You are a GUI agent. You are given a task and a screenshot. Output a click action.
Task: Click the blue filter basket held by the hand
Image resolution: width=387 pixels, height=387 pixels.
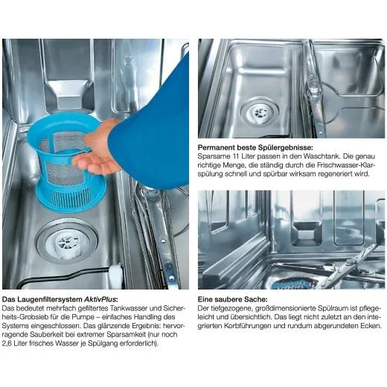[65, 164]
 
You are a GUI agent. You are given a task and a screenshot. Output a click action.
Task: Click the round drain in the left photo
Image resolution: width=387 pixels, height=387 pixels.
[67, 241]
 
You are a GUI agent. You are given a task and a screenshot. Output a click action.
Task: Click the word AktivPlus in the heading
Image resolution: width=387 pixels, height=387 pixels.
[100, 299]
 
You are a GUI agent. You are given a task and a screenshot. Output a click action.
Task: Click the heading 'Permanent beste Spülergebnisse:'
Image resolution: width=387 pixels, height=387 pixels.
[255, 147]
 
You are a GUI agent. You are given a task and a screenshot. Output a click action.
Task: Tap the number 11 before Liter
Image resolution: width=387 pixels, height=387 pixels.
[237, 156]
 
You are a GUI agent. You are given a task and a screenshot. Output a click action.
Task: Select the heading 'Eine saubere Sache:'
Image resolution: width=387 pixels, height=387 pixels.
[233, 299]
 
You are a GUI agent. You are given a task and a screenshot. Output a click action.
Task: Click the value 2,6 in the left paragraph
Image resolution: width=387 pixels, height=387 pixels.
[7, 343]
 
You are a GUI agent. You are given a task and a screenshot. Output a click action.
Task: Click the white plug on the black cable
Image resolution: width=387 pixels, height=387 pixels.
[115, 275]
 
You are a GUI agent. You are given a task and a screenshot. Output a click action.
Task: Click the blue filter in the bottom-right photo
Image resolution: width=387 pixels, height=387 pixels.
[291, 284]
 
